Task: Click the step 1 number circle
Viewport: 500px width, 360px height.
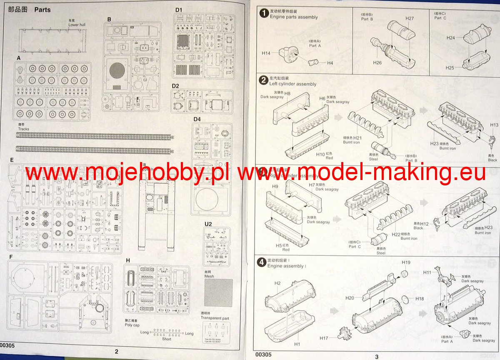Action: (x=264, y=13)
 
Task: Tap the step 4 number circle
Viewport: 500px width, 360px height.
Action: (x=262, y=262)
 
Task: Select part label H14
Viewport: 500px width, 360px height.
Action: (x=266, y=53)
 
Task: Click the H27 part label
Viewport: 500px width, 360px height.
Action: (x=409, y=18)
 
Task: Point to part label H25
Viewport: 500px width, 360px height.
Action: (x=450, y=67)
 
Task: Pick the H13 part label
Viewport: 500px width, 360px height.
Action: (x=494, y=125)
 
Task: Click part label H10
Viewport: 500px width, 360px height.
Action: (x=320, y=154)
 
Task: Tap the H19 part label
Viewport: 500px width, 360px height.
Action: (x=406, y=262)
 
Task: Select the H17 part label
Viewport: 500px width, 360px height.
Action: (x=324, y=337)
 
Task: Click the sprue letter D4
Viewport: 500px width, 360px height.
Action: (x=197, y=120)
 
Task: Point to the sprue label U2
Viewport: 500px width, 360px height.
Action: (x=208, y=224)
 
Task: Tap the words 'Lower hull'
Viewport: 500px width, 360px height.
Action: (x=77, y=25)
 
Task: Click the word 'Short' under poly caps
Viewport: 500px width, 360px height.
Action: (x=167, y=339)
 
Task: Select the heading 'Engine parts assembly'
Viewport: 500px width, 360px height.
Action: (x=294, y=17)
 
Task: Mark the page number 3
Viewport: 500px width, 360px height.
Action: (x=376, y=356)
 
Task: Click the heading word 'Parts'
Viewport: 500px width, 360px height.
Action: (x=42, y=9)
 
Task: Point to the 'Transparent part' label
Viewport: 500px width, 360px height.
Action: (x=215, y=318)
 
